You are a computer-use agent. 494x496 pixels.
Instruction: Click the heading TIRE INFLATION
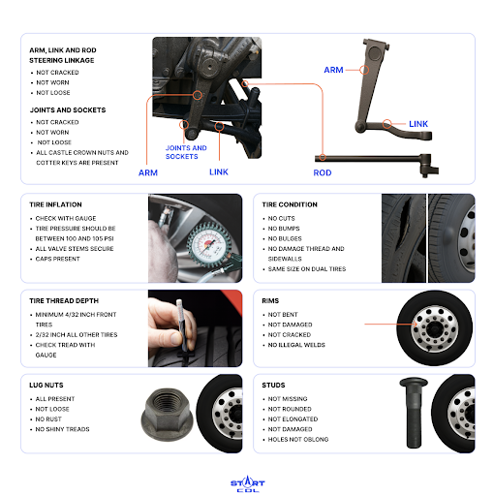55,204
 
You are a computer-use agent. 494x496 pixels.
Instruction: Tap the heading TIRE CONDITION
290,204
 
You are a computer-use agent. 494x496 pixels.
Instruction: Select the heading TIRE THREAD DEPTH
64,301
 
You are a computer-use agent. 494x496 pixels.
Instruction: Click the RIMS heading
270,301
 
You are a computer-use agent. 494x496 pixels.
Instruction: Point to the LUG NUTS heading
46,386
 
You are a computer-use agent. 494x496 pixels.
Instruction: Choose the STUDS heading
273,386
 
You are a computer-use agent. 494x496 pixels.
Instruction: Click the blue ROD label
323,173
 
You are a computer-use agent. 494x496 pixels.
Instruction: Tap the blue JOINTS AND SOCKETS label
186,152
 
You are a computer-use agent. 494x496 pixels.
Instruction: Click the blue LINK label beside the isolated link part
418,124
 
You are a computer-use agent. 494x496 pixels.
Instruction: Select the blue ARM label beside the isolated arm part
333,70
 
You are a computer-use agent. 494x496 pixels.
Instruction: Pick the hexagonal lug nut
167,415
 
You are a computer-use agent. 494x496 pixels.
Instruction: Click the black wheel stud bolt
414,413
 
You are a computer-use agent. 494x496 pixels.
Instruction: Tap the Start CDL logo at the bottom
248,483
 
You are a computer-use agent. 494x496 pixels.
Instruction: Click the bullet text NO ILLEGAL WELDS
296,345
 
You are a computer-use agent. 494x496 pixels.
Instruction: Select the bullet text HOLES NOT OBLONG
298,440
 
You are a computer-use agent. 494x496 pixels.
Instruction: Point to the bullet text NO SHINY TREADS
62,429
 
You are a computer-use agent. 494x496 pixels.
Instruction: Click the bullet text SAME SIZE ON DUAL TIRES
307,269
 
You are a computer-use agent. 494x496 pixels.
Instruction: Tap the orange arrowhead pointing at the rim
416,324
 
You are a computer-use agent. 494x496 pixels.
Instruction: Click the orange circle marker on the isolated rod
323,158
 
